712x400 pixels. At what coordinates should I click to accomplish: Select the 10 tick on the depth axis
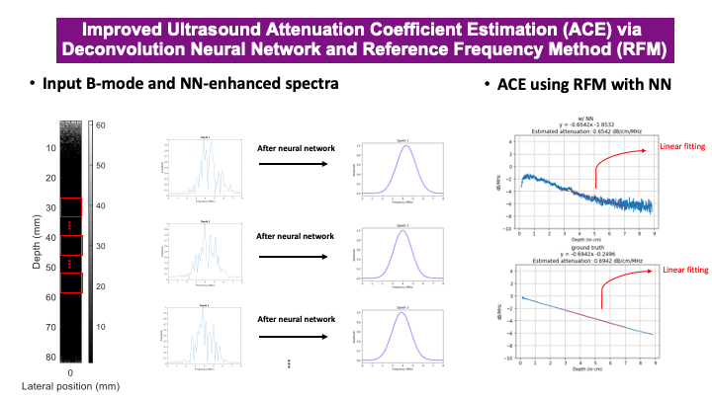coord(48,148)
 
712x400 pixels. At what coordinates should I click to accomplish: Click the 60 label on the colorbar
coord(100,125)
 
